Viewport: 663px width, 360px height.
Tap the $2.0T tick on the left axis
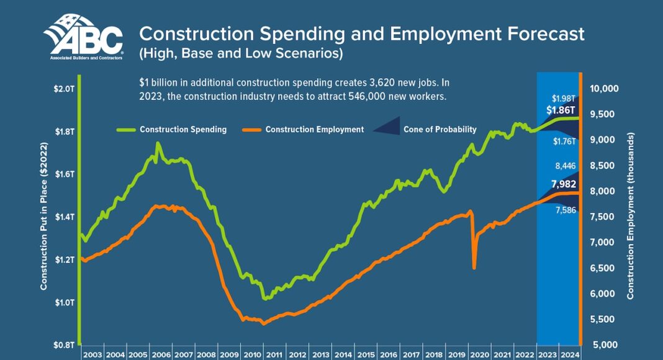pos(63,89)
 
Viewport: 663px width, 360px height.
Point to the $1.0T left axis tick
pos(63,302)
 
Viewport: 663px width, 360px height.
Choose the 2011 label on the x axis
pos(274,354)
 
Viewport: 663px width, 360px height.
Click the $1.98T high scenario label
pos(564,99)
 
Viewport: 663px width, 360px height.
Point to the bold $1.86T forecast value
pos(561,110)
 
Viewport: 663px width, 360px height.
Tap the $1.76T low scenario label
pos(564,142)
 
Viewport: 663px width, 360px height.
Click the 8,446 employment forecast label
pos(564,166)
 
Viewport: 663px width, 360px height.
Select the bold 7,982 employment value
pos(564,184)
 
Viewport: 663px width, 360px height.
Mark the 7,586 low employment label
pos(564,210)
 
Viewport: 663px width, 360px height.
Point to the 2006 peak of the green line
pos(158,144)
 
